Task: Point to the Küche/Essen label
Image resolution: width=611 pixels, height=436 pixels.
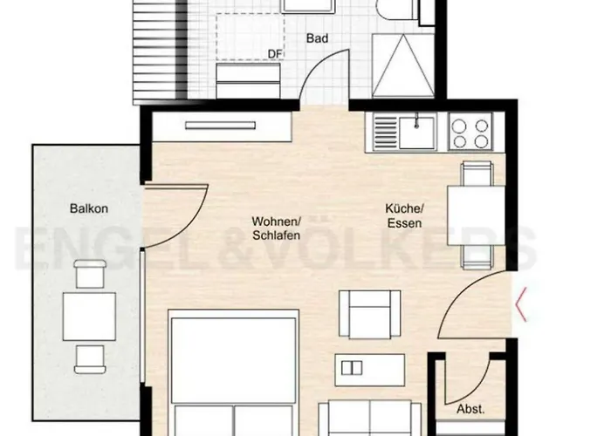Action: click(404, 216)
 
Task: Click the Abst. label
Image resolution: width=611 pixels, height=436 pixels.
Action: click(470, 408)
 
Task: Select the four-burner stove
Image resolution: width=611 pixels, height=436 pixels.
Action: click(471, 133)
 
